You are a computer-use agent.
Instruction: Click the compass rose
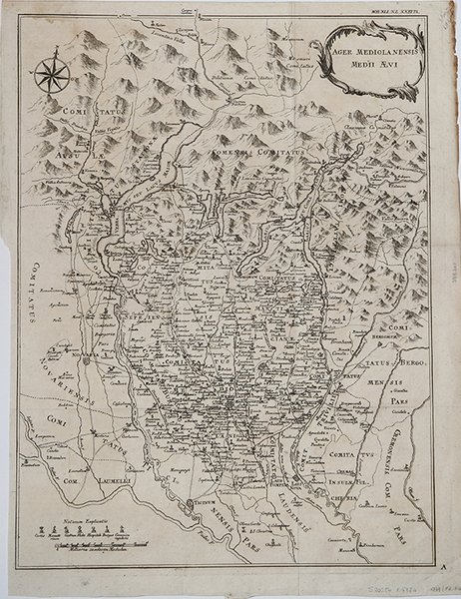[49, 76]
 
